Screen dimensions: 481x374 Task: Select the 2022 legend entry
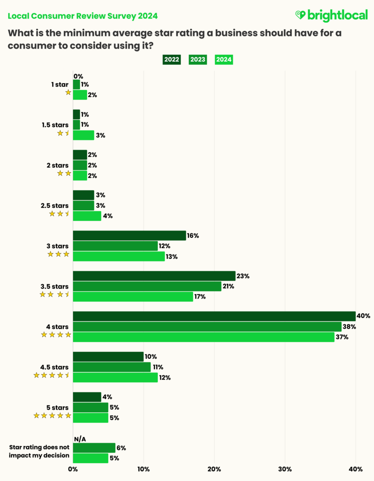(172, 60)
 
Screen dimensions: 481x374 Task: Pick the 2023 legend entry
(198, 60)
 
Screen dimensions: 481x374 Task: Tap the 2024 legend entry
(224, 60)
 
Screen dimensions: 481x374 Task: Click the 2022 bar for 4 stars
(214, 316)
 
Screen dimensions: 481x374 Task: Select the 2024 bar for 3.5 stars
(133, 297)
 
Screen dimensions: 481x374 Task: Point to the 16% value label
(193, 236)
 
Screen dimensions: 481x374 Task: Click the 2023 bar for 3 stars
(115, 246)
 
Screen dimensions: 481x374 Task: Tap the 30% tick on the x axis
(285, 469)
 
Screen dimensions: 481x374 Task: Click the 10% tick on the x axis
(144, 469)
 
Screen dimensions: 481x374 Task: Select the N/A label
(80, 439)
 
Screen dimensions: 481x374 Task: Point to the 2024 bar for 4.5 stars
(115, 377)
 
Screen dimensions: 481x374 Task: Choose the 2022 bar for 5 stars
(87, 397)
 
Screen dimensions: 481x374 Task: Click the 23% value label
(242, 276)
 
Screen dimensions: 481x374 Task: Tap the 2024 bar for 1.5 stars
(83, 135)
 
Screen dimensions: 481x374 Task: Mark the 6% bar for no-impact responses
(94, 448)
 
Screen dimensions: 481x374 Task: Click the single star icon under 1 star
(68, 93)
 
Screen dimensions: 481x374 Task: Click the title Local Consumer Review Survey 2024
(83, 16)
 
